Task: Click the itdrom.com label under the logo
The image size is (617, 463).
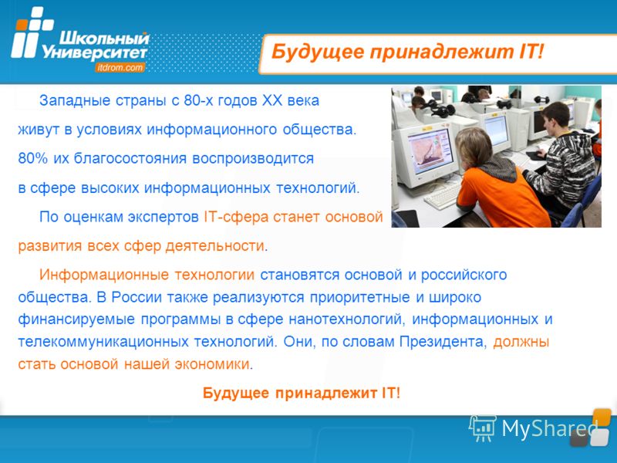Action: click(x=120, y=67)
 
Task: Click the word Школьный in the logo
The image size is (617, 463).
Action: click(x=104, y=39)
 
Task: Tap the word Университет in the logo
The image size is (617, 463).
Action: click(x=94, y=52)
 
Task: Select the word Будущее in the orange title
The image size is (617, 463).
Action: click(x=318, y=52)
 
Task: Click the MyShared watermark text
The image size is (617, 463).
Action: click(x=550, y=428)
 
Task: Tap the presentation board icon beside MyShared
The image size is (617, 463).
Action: click(x=483, y=428)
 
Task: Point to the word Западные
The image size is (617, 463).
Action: click(x=75, y=101)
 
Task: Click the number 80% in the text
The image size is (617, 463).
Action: click(x=32, y=158)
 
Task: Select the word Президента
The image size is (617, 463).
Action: click(x=441, y=341)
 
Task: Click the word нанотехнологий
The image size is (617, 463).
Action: click(x=347, y=319)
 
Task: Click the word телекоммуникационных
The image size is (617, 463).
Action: click(x=103, y=342)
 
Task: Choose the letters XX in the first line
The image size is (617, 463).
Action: click(x=272, y=100)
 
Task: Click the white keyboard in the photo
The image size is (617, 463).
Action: click(x=443, y=196)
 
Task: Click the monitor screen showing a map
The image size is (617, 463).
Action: click(x=429, y=151)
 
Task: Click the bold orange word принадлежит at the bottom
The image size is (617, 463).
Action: click(x=325, y=394)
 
